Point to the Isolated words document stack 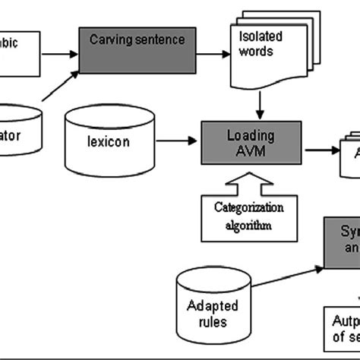[x=261, y=52]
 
